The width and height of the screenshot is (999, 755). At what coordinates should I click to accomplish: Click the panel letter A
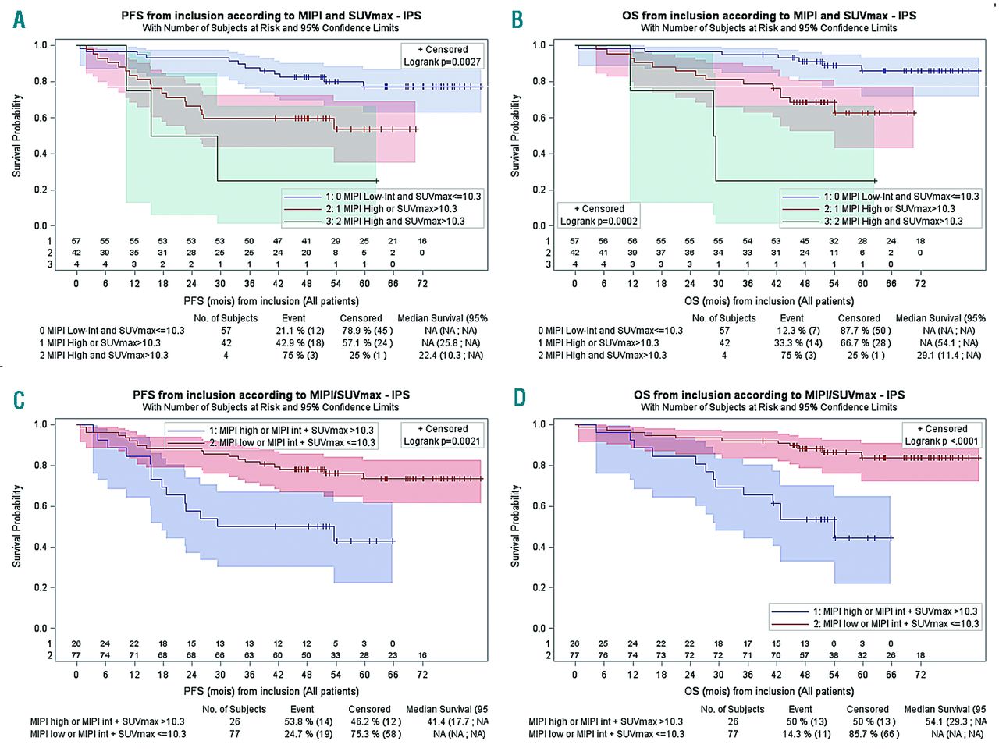[x=19, y=19]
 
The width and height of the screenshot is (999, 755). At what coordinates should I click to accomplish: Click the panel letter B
[x=517, y=19]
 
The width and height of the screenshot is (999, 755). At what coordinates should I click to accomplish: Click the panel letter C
[x=19, y=399]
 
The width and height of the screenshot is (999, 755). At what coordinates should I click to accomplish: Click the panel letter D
[x=518, y=399]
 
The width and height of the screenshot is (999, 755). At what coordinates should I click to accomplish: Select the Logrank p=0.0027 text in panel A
[x=442, y=62]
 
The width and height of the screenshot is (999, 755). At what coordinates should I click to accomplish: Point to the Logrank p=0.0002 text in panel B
[x=599, y=221]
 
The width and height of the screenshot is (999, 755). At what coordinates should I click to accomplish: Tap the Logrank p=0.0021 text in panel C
[x=442, y=441]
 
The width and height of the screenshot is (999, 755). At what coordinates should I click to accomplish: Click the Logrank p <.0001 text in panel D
[x=941, y=441]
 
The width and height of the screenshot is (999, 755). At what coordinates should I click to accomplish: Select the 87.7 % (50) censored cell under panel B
[x=859, y=331]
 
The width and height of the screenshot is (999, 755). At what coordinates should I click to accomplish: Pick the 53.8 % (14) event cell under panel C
[x=301, y=721]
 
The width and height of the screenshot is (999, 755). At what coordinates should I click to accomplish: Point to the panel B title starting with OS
[x=769, y=16]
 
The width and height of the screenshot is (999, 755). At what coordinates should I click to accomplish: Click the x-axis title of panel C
[x=271, y=691]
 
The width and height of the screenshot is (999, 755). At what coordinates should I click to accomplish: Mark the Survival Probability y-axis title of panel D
[x=516, y=525]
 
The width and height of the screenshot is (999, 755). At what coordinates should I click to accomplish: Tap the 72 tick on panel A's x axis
[x=422, y=283]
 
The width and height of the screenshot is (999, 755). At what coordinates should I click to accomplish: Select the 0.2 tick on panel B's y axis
[x=539, y=190]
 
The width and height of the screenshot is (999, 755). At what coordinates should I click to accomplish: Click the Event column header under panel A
[x=293, y=318]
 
